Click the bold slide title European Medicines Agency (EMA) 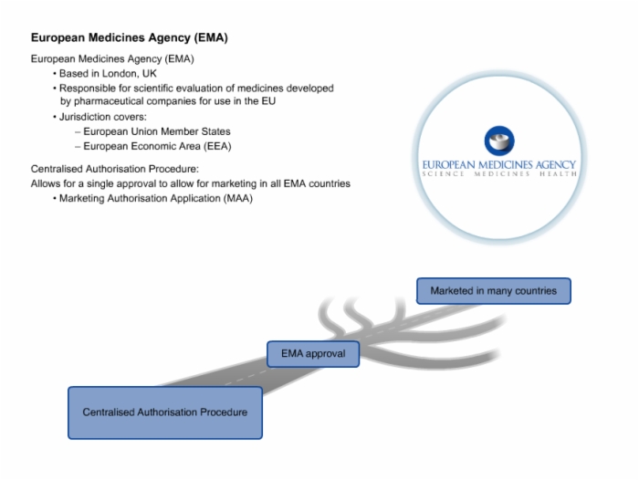(130, 38)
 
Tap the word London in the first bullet (119, 74)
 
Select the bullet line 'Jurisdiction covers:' (102, 117)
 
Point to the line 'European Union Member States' (157, 131)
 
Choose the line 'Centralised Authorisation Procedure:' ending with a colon (115, 169)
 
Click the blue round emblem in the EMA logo (499, 141)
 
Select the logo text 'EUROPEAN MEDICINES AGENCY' (498, 164)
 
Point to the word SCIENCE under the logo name (443, 174)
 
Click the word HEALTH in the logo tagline (558, 174)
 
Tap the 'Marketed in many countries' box (494, 291)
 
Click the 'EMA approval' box (313, 354)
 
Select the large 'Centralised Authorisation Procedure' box (165, 412)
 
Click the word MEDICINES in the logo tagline (502, 174)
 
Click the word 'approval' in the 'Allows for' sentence (137, 183)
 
